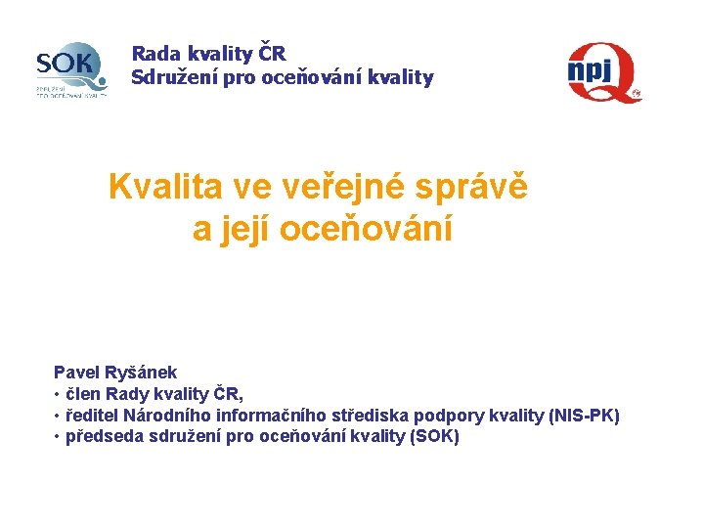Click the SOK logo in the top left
pos(69,70)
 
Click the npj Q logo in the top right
pos(603,72)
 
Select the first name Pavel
pos(74,373)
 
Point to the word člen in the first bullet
pos(83,394)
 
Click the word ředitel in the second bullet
pos(93,416)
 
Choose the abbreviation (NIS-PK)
pos(585,416)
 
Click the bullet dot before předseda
pos(57,437)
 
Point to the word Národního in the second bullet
pos(179,416)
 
